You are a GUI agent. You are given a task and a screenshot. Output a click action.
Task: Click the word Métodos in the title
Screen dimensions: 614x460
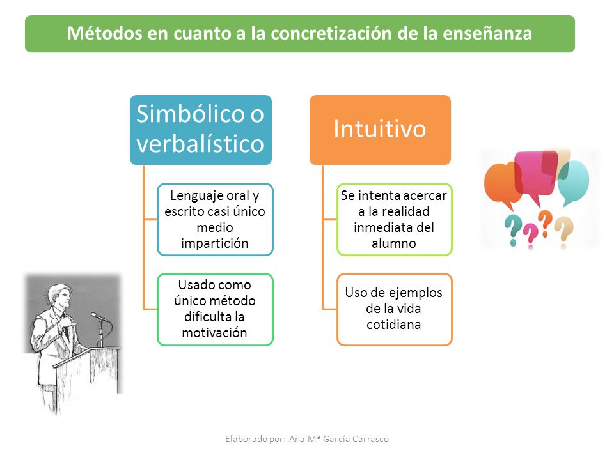(x=104, y=33)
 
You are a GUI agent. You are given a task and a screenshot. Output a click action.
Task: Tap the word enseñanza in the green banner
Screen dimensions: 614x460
(x=487, y=33)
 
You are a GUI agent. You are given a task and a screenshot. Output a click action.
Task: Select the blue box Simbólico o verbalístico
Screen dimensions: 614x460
(x=200, y=130)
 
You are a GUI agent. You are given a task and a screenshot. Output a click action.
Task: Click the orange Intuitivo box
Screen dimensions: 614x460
(x=380, y=130)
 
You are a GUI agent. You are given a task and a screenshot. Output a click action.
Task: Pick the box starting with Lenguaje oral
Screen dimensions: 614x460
(x=215, y=219)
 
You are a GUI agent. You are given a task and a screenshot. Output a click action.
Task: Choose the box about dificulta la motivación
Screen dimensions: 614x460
(x=215, y=309)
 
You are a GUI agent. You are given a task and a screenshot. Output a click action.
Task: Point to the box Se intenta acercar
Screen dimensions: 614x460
(x=395, y=219)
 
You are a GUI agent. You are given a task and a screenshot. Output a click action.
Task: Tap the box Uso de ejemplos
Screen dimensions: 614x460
(x=395, y=309)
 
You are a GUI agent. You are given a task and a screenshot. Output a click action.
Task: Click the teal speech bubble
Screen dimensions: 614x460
(x=574, y=182)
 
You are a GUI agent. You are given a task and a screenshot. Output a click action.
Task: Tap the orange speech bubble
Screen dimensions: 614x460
(x=503, y=185)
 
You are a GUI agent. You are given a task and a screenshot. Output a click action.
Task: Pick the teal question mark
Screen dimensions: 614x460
(x=512, y=231)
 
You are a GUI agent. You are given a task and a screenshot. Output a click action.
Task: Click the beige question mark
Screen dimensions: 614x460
(x=564, y=233)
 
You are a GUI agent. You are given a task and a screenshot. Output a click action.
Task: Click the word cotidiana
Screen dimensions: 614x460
(x=394, y=325)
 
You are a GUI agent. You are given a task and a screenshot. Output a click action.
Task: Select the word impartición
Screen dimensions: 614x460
(x=215, y=243)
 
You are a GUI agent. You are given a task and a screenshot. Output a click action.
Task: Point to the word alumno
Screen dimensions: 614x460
(x=394, y=243)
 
